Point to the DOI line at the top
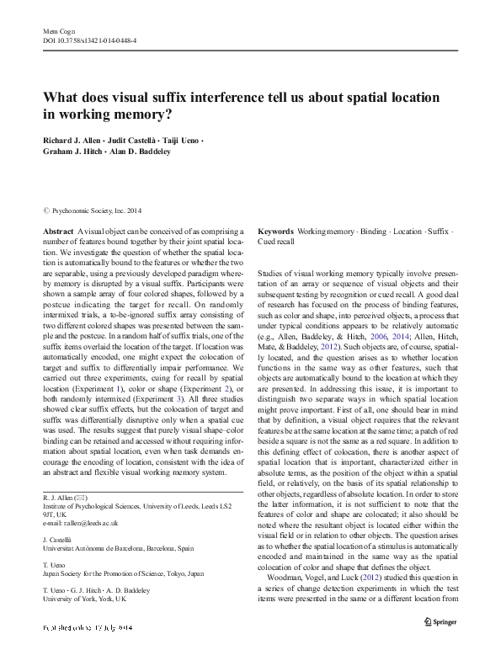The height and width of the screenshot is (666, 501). tap(84, 39)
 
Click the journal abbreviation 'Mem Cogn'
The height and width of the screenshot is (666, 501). tap(55, 29)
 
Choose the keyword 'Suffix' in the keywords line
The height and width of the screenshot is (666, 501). tap(438, 230)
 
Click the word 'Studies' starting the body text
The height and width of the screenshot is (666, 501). tap(272, 274)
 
